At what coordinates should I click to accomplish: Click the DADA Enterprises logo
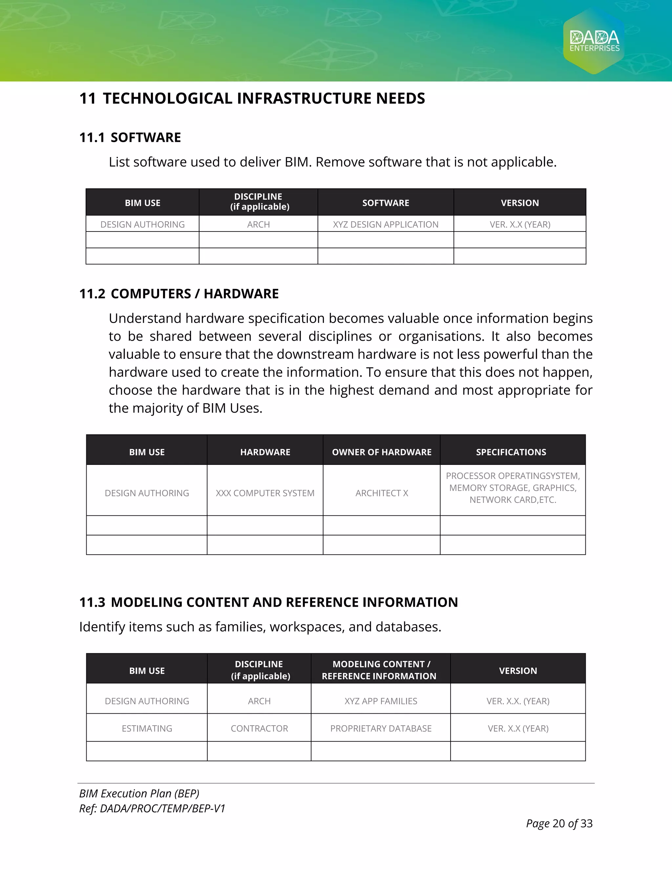tap(594, 41)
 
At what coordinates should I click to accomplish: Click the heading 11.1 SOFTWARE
tap(130, 138)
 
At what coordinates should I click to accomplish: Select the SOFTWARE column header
tap(385, 203)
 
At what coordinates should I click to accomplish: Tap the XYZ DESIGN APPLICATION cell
tap(385, 224)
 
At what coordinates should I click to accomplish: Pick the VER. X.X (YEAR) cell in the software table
tap(519, 224)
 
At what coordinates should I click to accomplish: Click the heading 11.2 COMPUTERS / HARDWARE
tap(179, 294)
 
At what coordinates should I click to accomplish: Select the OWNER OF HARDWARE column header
tap(381, 452)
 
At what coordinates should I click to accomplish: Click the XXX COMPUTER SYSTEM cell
tap(265, 493)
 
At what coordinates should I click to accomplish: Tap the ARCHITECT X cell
tap(381, 493)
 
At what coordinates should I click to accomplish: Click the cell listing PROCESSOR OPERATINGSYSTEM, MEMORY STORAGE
tap(512, 488)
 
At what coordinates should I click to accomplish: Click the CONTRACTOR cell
tap(259, 728)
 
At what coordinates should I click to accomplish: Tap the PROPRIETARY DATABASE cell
tap(381, 728)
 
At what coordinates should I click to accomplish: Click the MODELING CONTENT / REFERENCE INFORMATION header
tap(379, 670)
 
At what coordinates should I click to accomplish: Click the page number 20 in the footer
tap(558, 823)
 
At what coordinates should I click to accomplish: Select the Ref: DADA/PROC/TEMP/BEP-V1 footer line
tap(152, 809)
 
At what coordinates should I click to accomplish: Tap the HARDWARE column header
tap(265, 452)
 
